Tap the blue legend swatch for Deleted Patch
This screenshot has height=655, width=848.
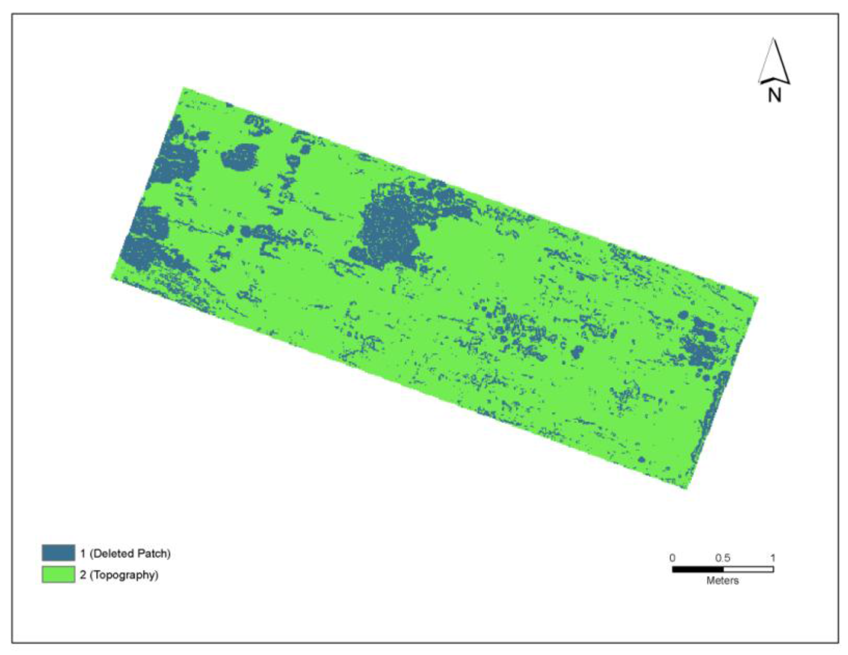click(58, 553)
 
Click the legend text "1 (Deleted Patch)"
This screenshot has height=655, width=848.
click(125, 553)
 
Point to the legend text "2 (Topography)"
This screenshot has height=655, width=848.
click(119, 575)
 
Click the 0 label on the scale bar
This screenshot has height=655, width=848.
click(673, 558)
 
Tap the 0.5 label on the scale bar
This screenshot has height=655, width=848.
click(723, 558)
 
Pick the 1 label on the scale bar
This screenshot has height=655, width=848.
click(773, 558)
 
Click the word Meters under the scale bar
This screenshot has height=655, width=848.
click(723, 581)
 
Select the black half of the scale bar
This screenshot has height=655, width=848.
click(698, 569)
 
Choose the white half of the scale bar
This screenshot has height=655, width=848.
click(748, 569)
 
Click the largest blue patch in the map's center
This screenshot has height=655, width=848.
click(390, 229)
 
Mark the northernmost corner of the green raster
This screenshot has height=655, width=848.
click(183, 88)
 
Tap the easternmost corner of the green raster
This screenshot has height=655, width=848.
click(758, 298)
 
